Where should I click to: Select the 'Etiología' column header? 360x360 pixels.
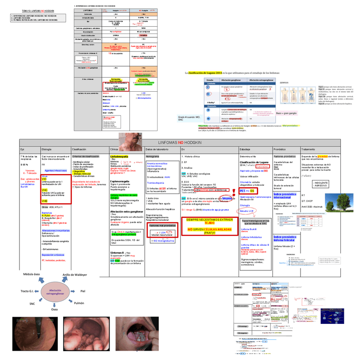coord(46,149)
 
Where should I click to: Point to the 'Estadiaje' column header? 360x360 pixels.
coord(245,149)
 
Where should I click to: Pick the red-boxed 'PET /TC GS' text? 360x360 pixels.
coord(247,191)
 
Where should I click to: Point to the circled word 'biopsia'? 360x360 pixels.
coord(227,198)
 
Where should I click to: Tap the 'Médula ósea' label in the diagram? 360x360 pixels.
coord(31,275)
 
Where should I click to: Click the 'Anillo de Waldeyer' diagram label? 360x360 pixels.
coord(74,275)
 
